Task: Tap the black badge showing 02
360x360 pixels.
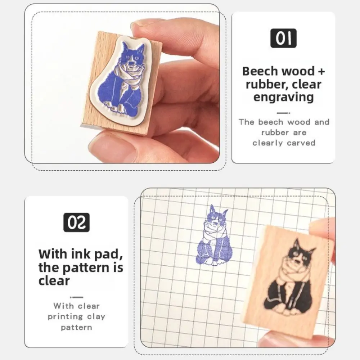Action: (76, 223)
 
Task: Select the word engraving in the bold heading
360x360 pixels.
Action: (283, 97)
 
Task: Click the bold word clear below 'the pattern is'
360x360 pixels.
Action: (54, 280)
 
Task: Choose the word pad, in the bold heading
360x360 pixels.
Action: (107, 254)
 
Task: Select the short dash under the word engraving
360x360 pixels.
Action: (283, 113)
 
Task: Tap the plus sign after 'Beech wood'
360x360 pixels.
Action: (321, 71)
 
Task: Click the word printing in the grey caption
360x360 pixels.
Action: (65, 317)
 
